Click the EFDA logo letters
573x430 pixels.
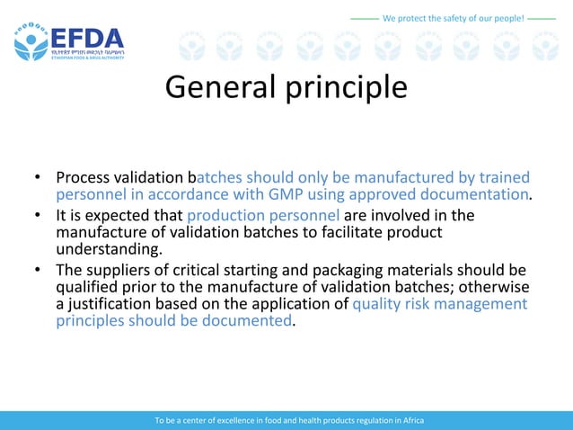click(87, 39)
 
